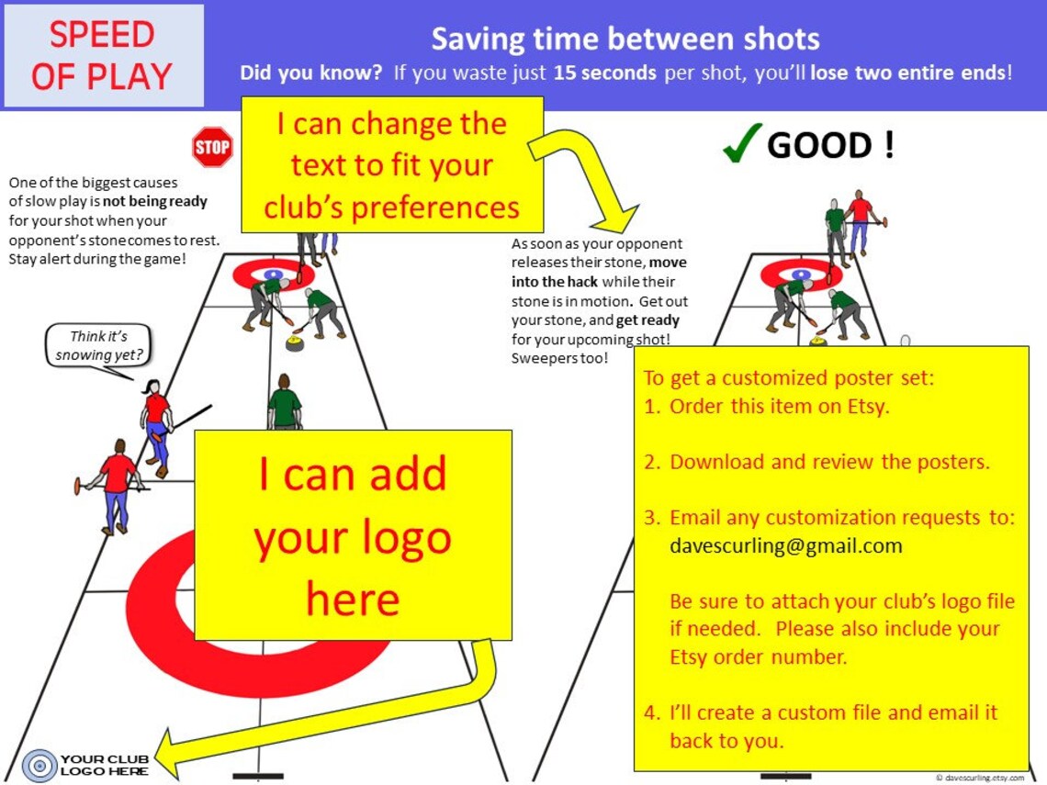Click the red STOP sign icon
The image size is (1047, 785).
(x=212, y=147)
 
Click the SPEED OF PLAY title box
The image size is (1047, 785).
(x=103, y=55)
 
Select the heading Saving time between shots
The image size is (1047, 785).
(x=625, y=39)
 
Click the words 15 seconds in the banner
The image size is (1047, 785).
(x=604, y=73)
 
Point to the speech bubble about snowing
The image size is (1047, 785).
(x=99, y=346)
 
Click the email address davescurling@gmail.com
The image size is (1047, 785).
(x=785, y=546)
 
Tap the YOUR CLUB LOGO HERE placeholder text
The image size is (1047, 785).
(x=105, y=765)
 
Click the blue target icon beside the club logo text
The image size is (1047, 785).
(x=39, y=765)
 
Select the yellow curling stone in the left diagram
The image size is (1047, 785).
(x=295, y=342)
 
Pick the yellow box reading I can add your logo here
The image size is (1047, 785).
(x=353, y=534)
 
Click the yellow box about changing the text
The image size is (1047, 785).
(x=392, y=165)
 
